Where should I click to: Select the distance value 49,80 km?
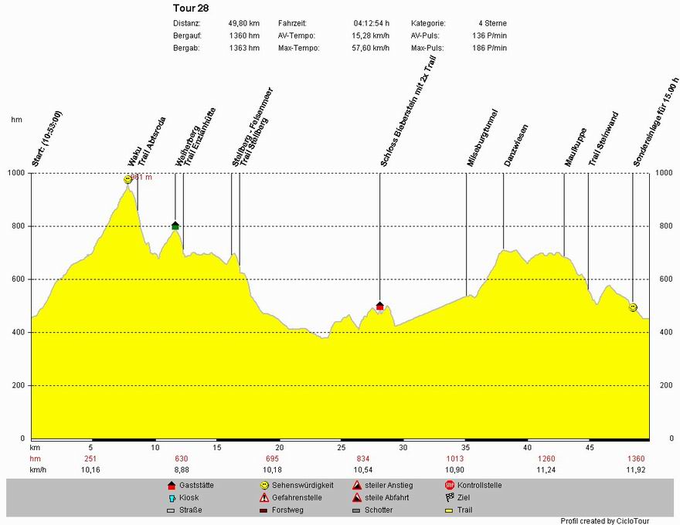[243, 23]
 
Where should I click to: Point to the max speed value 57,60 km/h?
[372, 48]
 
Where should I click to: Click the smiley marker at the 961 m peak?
[127, 179]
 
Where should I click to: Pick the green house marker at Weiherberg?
[175, 225]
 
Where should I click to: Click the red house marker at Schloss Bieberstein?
[379, 307]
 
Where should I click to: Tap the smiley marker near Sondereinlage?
[633, 307]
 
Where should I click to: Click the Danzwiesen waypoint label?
[516, 145]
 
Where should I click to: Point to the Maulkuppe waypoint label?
[576, 147]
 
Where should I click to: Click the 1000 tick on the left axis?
[17, 173]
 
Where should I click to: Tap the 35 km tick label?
[466, 448]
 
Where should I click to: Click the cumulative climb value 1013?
[455, 459]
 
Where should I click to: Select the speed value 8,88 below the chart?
[182, 469]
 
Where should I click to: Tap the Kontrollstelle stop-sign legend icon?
[450, 486]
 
